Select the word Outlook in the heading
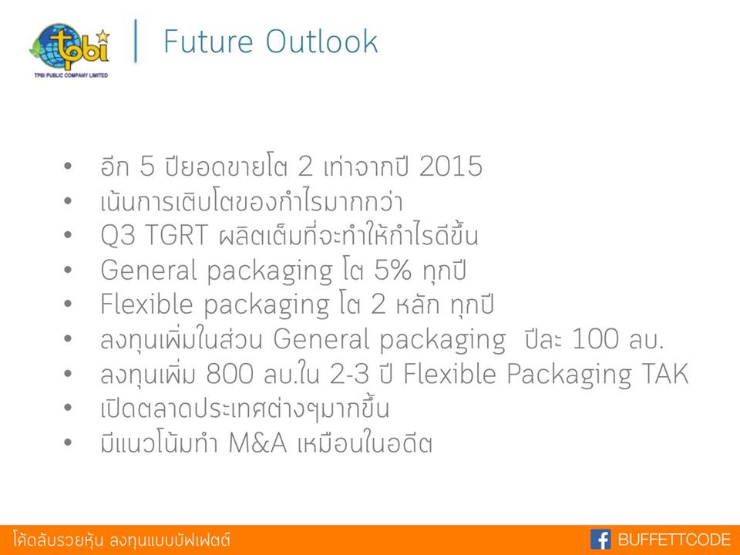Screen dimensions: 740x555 (322, 41)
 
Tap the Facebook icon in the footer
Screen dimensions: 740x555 (600, 539)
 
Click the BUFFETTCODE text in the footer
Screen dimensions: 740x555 (674, 539)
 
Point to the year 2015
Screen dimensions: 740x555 (451, 166)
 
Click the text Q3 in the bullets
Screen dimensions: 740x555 (117, 235)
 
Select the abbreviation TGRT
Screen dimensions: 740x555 (176, 234)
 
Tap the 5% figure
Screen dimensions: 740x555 (392, 270)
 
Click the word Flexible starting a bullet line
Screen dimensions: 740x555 (146, 304)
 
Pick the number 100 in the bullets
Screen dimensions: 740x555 (595, 338)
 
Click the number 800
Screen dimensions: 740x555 (230, 373)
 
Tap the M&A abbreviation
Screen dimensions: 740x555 (257, 442)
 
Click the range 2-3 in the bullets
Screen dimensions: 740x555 (349, 373)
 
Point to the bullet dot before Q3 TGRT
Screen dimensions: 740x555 (68, 234)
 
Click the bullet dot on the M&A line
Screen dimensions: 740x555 (68, 442)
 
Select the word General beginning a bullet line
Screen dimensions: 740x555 (149, 270)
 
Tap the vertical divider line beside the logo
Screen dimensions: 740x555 (136, 41)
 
